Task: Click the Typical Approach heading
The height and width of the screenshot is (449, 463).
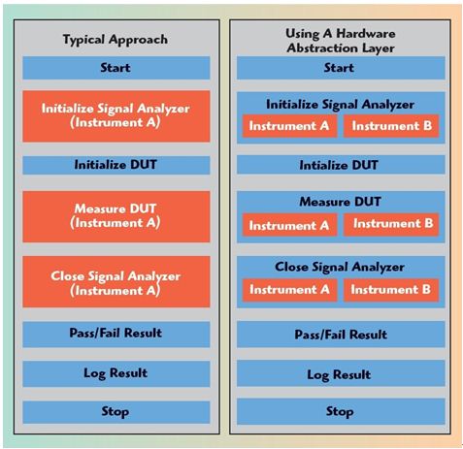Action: pos(116,40)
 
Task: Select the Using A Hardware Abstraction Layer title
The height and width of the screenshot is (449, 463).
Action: pos(341,41)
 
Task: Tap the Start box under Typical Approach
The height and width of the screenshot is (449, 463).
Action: pos(116,68)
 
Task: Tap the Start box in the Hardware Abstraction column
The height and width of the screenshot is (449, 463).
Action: pos(341,68)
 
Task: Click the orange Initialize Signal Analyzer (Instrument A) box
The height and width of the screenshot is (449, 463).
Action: pos(116,116)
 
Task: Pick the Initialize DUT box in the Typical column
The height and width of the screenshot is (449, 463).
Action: pos(116,165)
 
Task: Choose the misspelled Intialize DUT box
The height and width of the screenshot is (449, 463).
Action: pos(341,165)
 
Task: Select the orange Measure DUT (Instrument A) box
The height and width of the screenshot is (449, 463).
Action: pos(116,216)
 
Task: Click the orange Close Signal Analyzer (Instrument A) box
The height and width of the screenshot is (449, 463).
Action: pos(116,282)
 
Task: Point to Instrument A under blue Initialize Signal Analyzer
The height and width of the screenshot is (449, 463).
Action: pos(289,126)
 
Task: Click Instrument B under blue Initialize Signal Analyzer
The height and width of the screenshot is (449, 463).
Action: pos(391,126)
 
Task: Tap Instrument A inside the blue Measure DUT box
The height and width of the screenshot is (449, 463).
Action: pos(289,225)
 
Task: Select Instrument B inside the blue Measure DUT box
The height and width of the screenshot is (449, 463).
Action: pos(391,224)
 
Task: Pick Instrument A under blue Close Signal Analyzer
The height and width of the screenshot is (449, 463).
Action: pos(289,290)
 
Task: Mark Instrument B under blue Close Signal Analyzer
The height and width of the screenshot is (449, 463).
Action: pos(391,290)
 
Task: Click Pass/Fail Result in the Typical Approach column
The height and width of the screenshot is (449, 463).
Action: pos(116,335)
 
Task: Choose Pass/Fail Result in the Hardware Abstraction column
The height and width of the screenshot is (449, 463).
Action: pos(341,335)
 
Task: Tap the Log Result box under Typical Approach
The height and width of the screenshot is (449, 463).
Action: pos(116,374)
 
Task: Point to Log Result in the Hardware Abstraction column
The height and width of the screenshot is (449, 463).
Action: pos(341,373)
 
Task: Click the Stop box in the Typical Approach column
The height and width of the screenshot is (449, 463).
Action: pos(116,412)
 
